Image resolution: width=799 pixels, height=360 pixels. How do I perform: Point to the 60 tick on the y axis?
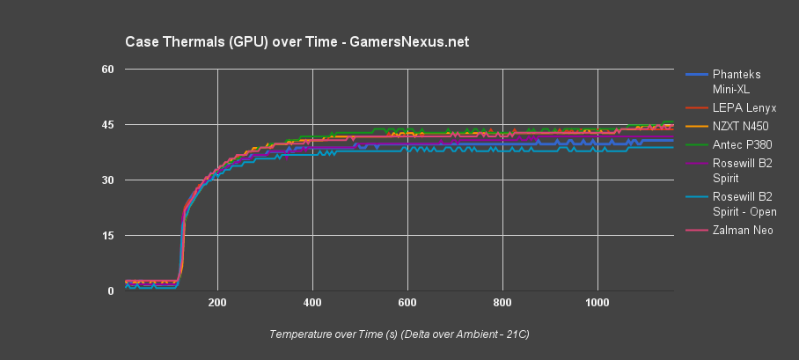(109, 69)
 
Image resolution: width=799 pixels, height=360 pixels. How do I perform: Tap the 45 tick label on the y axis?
(109, 125)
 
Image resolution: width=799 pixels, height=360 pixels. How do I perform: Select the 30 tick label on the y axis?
(109, 180)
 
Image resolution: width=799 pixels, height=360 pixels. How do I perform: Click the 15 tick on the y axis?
(109, 236)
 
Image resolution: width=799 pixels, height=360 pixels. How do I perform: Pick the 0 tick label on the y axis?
(113, 291)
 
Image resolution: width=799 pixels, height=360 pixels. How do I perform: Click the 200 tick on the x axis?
(217, 304)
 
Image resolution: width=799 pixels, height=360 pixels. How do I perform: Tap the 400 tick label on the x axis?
(312, 304)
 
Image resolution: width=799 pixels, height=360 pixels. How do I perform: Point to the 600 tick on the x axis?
(407, 304)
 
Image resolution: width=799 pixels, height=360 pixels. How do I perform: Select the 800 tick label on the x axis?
(502, 304)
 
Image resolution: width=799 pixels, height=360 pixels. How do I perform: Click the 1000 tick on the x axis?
(597, 304)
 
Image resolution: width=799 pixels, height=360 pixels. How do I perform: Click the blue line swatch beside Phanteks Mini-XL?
(696, 75)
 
